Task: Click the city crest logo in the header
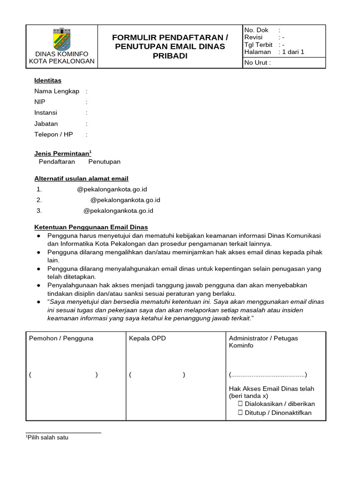[x=61, y=39]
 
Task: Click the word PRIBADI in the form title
[x=170, y=56]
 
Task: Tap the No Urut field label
[x=257, y=63]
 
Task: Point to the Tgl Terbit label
[x=258, y=45]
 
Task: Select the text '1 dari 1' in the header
[x=293, y=52]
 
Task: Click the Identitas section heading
[x=48, y=80]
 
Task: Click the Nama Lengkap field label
[x=57, y=91]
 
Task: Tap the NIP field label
[x=40, y=102]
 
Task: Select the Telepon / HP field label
[x=53, y=135]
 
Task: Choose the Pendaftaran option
[x=57, y=162]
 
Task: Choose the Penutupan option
[x=105, y=162]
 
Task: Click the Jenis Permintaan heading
[x=63, y=153]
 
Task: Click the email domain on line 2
[x=125, y=200]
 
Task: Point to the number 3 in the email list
[x=39, y=210]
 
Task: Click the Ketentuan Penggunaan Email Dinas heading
[x=91, y=227]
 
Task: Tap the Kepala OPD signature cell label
[x=147, y=338]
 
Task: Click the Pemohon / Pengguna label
[x=61, y=338]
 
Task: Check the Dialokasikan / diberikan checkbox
[x=240, y=404]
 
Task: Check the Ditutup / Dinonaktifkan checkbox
[x=240, y=412]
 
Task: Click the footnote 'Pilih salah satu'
[x=47, y=437]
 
